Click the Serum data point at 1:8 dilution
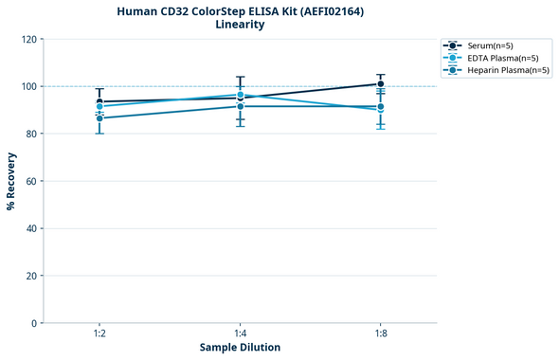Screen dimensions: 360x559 (381, 84)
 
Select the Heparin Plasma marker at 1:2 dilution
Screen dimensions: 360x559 (99, 118)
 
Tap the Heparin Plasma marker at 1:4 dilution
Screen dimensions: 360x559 (241, 106)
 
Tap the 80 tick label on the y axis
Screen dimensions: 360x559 (31, 134)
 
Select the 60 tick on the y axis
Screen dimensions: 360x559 (31, 181)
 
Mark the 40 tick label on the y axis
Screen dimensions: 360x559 (31, 228)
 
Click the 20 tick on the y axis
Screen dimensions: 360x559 (31, 276)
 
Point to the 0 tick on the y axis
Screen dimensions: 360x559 (34, 323)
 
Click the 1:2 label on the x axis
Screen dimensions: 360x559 (99, 333)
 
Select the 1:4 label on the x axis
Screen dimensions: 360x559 (241, 333)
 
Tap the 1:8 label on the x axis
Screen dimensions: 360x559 (381, 333)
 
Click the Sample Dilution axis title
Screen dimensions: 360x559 (240, 348)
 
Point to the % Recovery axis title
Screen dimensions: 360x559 (11, 181)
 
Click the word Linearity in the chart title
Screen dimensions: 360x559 (240, 24)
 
